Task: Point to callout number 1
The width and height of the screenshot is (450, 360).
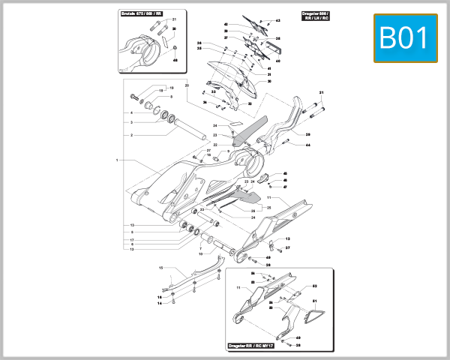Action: (118, 160)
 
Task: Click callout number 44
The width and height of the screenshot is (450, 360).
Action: (307, 144)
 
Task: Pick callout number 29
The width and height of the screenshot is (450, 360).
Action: (307, 135)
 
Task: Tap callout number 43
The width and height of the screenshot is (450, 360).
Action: (277, 21)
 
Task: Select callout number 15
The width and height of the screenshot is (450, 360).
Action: (160, 267)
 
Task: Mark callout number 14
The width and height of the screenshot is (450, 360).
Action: (159, 304)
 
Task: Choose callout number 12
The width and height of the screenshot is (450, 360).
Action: (287, 238)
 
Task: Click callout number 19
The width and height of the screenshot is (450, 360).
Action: (171, 88)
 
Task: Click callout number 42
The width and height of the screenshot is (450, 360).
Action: (226, 25)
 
